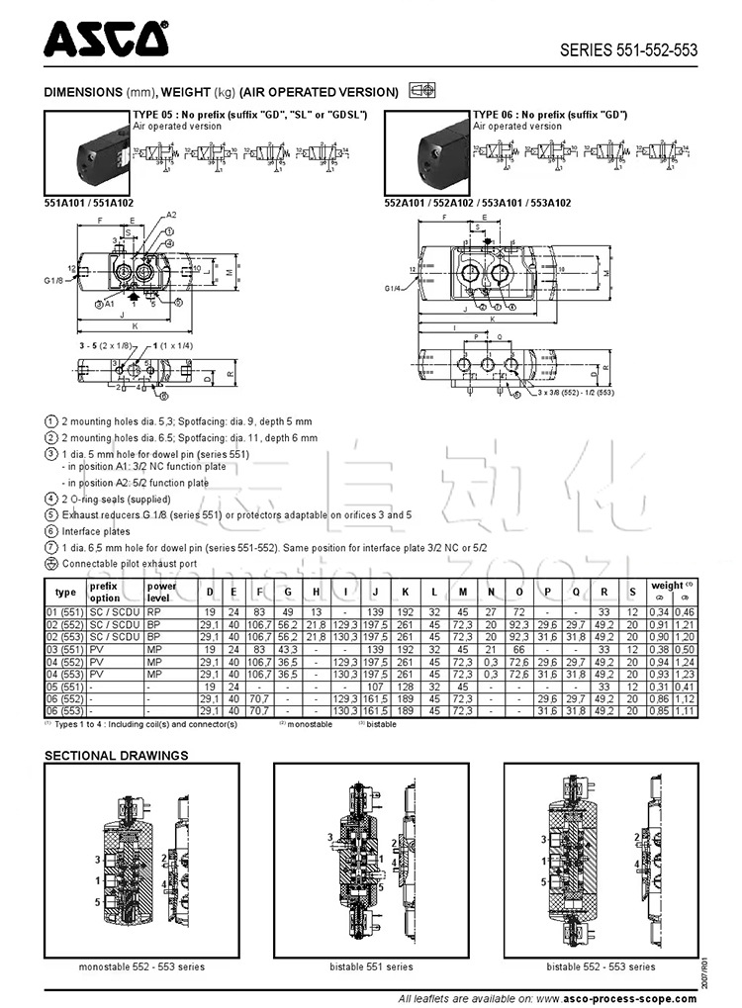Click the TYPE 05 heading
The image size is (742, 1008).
249,115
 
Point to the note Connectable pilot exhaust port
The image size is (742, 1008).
129,564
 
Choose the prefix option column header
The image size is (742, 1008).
105,592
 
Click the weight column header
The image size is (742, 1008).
668,586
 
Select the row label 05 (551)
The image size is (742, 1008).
65,686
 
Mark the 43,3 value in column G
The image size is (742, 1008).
288,649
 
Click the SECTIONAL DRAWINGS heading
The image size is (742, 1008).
116,756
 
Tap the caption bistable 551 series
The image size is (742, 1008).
372,966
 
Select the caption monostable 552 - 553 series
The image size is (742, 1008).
141,966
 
